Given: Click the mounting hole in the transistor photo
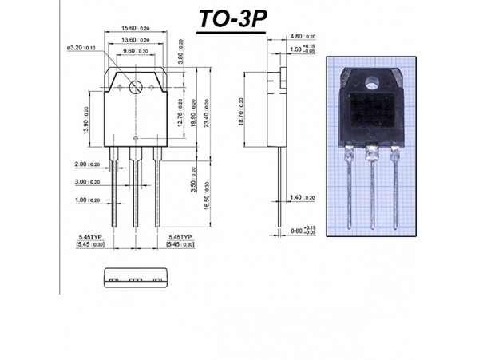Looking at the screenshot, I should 371,82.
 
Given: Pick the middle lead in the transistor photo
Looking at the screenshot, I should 372,192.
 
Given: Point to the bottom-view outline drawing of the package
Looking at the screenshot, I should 134,280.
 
